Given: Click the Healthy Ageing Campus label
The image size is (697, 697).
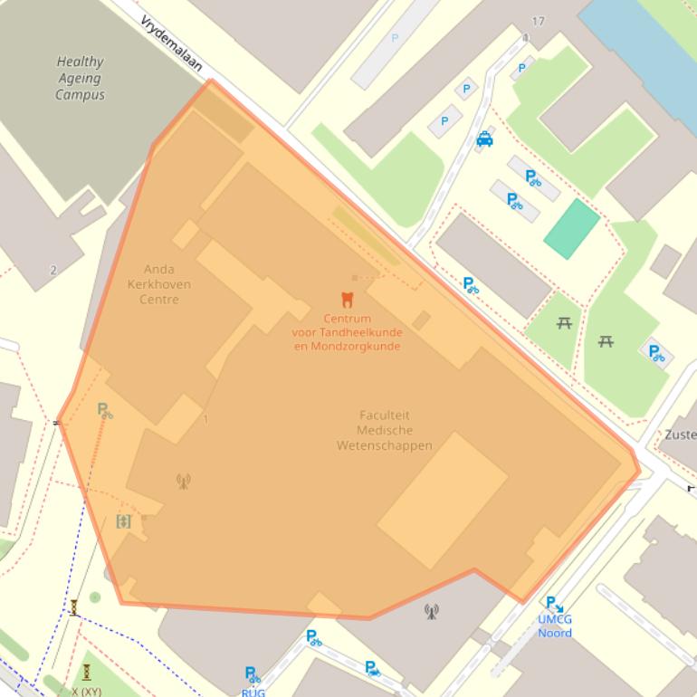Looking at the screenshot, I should [80, 78].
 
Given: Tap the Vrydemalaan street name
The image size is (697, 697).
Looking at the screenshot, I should [171, 43].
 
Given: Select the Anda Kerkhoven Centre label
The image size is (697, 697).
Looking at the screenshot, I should [158, 284].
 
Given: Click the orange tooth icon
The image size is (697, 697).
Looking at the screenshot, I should [346, 300].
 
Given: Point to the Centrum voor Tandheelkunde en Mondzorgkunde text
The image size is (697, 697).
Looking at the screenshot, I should [347, 332].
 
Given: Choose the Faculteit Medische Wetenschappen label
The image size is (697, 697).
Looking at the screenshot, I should [384, 430].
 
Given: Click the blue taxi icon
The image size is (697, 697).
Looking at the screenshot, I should [485, 138].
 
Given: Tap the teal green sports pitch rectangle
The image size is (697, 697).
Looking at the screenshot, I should [571, 228].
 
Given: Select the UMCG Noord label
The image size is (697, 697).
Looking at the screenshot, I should [555, 626].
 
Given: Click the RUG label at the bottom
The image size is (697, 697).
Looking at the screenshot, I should [253, 692].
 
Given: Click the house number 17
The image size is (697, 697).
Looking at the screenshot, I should [539, 22].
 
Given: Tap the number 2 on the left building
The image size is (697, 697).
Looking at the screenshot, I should [53, 270].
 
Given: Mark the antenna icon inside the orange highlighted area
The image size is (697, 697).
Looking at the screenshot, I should [183, 481].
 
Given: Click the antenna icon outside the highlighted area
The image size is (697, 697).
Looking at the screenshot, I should [431, 611].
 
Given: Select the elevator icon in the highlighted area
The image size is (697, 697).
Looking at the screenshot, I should [124, 520].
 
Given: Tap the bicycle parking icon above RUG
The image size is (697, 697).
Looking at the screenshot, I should [253, 674].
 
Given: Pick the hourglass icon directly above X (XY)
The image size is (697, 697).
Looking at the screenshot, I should [86, 672].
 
